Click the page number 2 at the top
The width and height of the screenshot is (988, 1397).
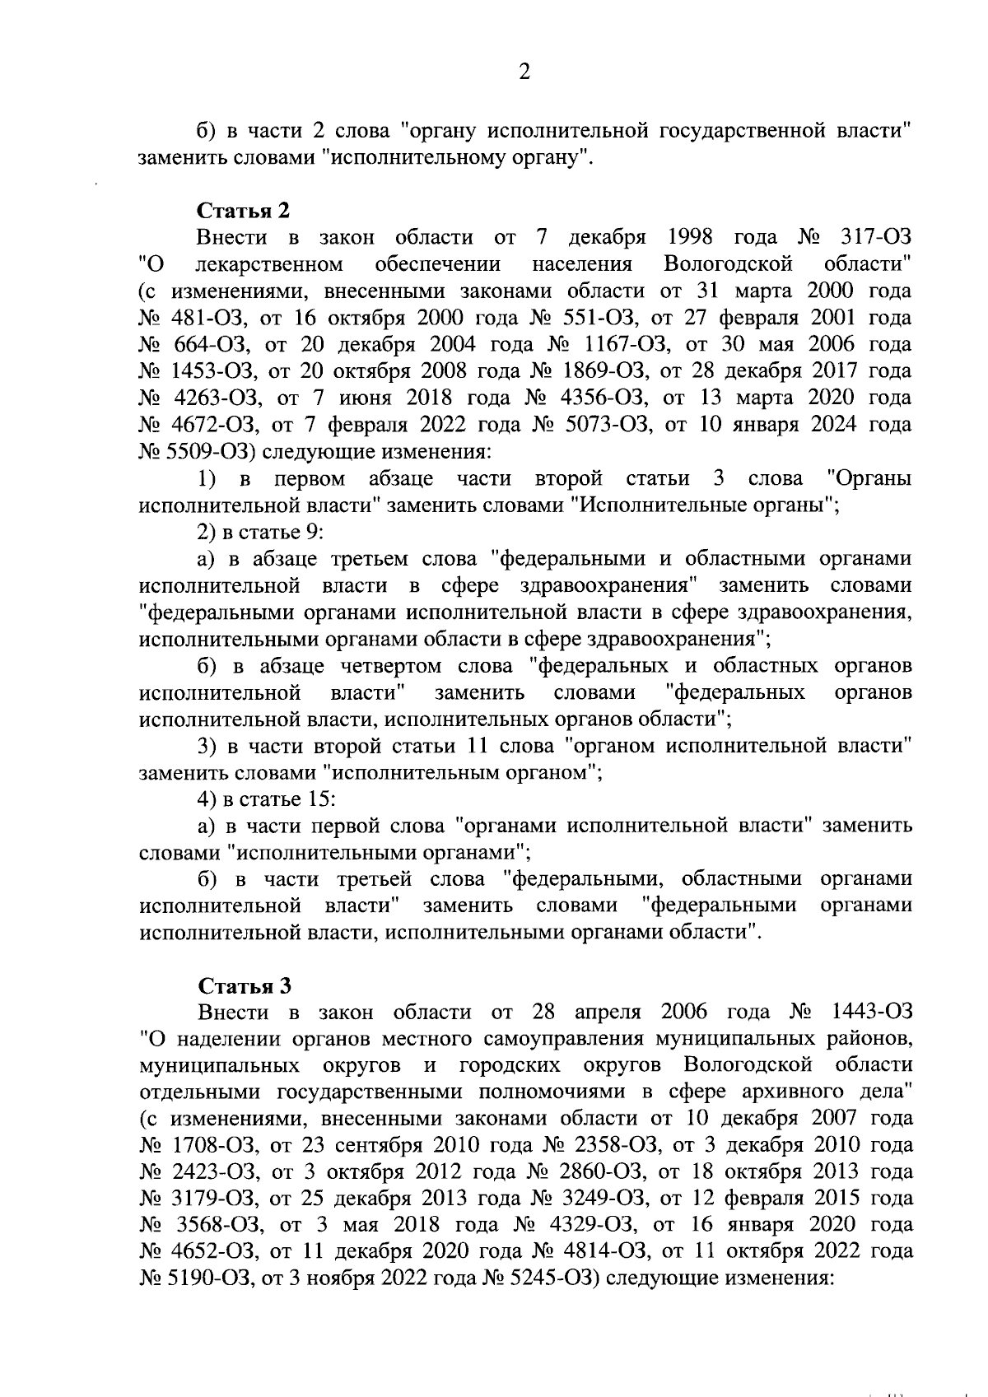(x=524, y=72)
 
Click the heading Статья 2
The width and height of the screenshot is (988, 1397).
(x=244, y=211)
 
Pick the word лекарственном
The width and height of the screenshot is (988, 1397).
(x=270, y=265)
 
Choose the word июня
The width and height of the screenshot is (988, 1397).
(x=366, y=398)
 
